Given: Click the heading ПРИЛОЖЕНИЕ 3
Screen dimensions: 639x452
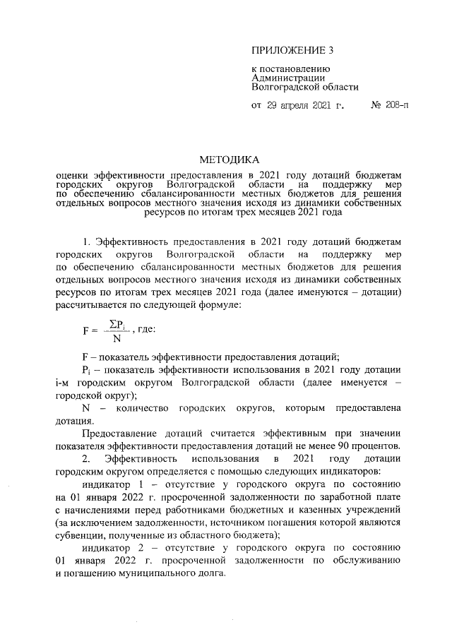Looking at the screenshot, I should (292, 50).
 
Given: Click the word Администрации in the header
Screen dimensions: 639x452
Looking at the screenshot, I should (288, 78).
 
